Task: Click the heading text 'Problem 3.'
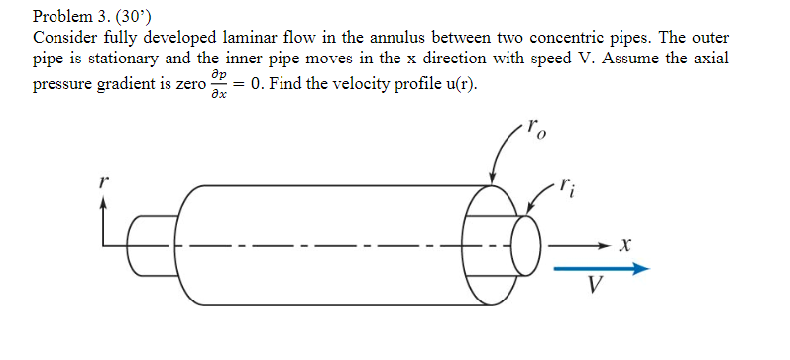67,17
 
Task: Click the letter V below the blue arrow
594,287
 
